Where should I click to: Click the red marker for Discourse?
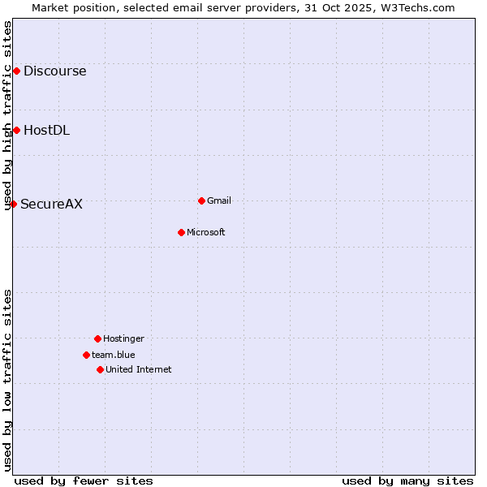click(16, 71)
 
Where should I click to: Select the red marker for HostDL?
click(16, 130)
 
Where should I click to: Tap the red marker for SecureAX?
click(13, 204)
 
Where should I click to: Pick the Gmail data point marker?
click(201, 200)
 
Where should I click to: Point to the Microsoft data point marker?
click(181, 232)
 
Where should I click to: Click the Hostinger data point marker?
click(97, 338)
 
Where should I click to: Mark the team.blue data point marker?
click(86, 355)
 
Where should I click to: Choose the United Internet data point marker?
click(100, 369)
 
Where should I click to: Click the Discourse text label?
click(54, 71)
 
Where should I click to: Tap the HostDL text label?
click(46, 130)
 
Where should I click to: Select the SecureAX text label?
click(51, 204)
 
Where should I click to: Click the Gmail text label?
click(219, 200)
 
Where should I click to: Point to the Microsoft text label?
click(206, 232)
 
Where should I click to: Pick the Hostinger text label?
click(123, 338)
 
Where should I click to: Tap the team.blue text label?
click(114, 355)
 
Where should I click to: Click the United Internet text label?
click(139, 369)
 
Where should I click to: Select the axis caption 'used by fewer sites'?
click(84, 481)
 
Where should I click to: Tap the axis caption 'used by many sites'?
click(407, 481)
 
